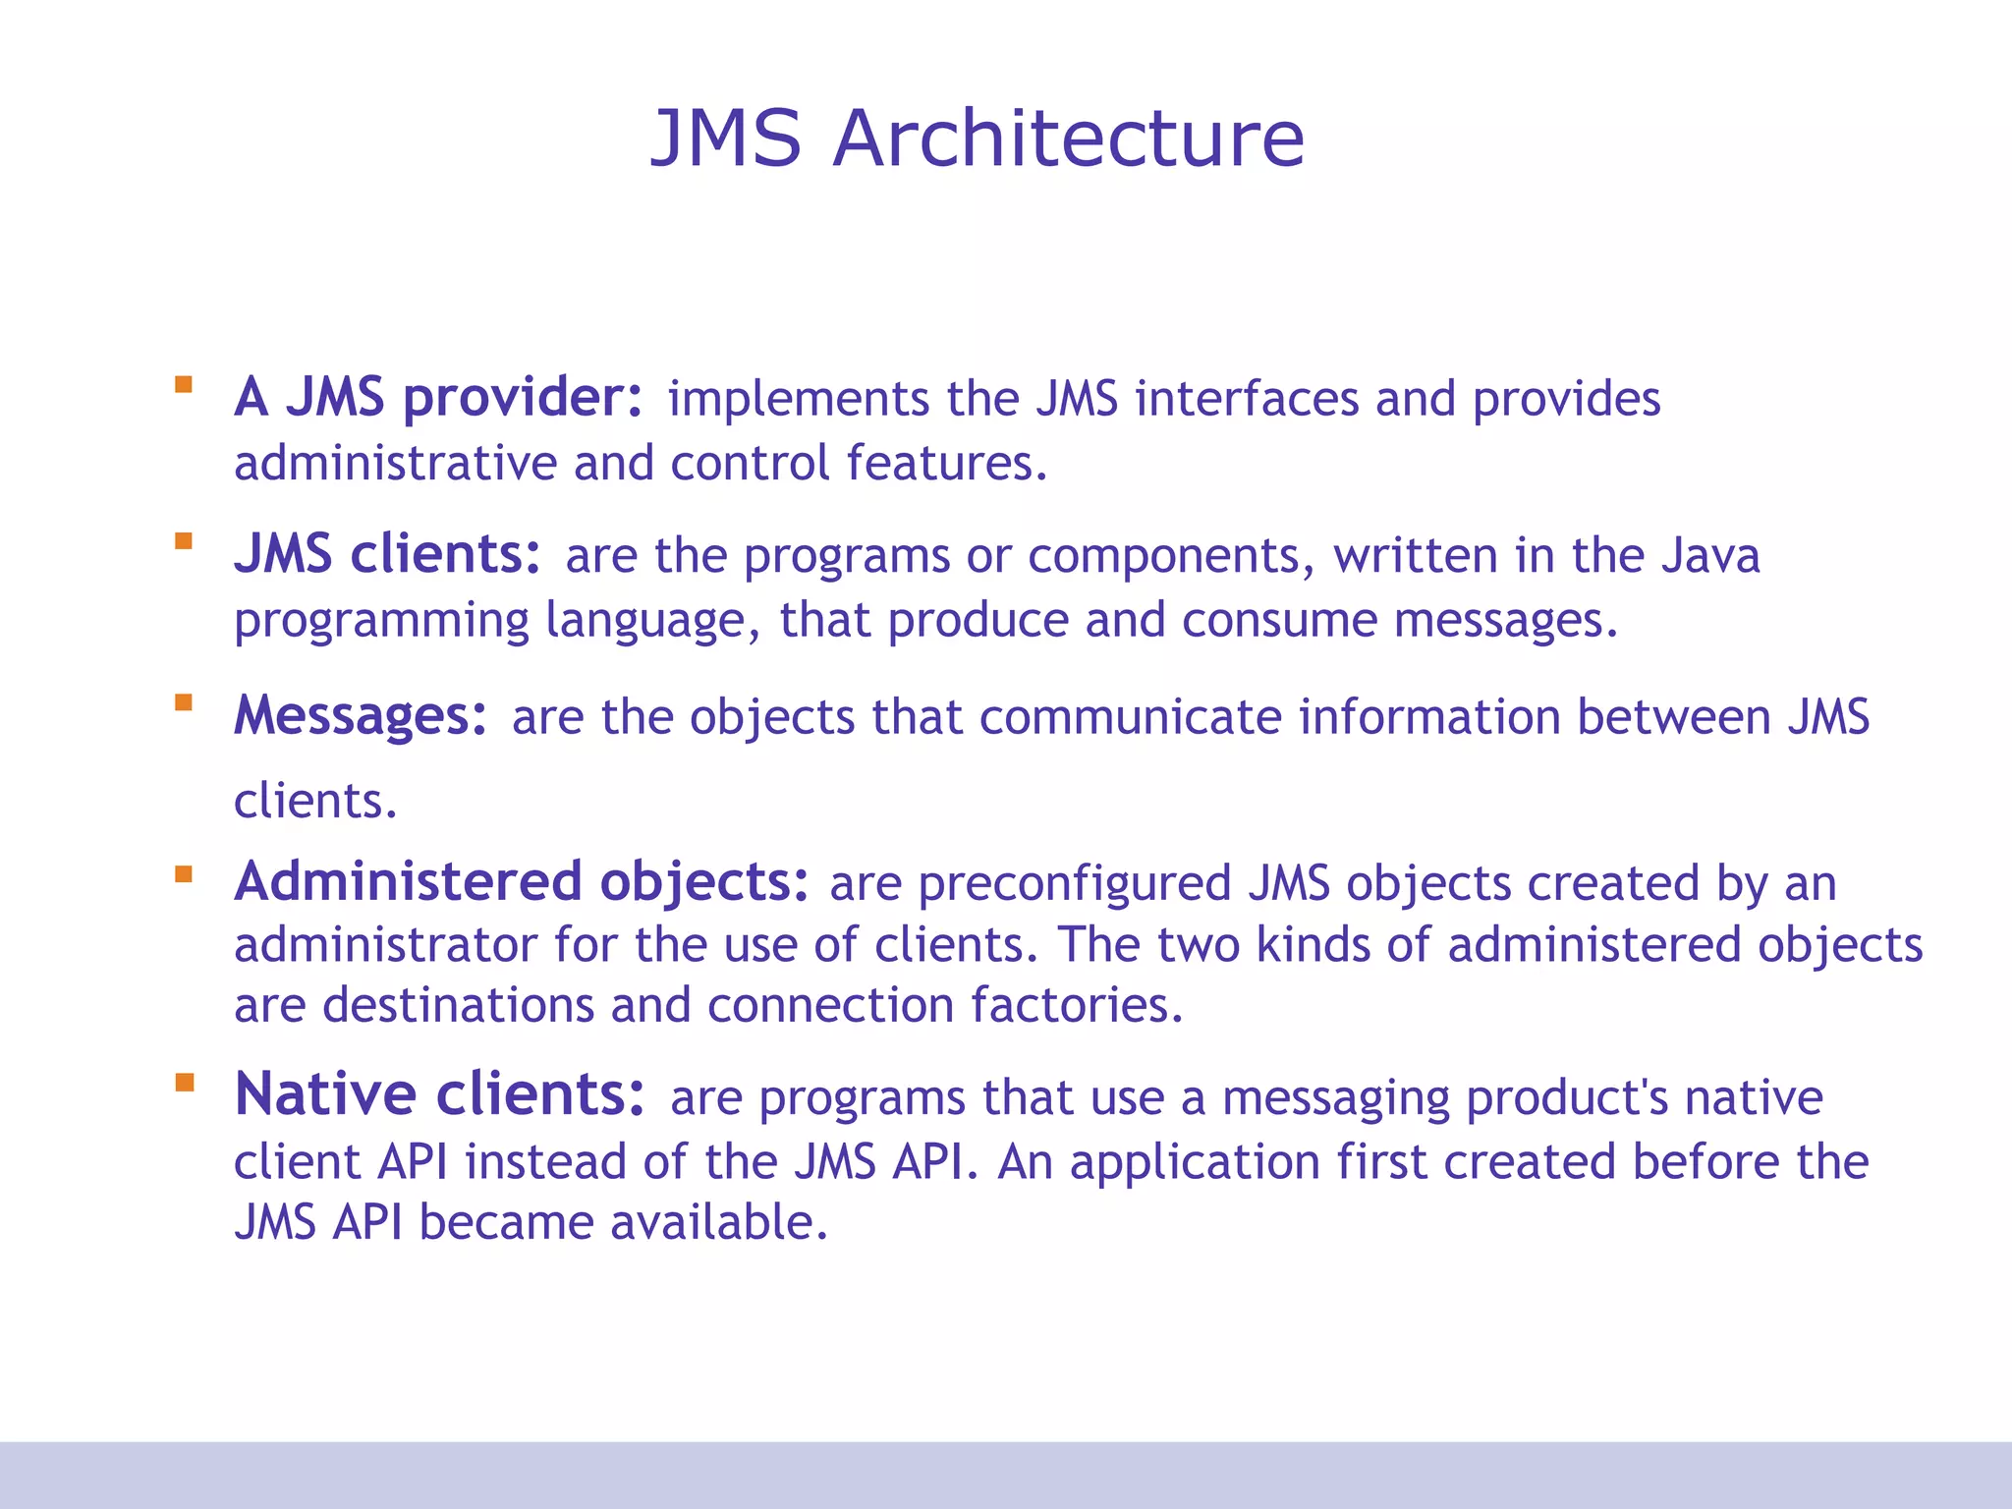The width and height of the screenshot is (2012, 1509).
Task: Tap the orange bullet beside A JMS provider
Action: (184, 384)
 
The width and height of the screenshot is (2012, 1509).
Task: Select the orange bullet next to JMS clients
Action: (184, 540)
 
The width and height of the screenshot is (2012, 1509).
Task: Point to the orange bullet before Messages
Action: (184, 702)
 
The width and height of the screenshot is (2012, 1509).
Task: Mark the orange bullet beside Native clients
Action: (184, 1083)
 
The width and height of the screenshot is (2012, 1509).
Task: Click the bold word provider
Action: (523, 398)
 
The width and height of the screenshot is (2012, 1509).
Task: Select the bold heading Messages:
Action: (361, 715)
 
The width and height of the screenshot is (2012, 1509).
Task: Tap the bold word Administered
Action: (409, 881)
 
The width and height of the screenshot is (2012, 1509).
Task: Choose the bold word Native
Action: (326, 1094)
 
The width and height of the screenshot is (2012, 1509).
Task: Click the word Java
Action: (1710, 555)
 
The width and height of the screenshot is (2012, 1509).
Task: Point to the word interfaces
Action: (1247, 399)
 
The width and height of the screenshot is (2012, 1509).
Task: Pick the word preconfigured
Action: (1074, 883)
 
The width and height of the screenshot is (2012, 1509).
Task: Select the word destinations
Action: (458, 1005)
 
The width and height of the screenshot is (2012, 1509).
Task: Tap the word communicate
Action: (1130, 716)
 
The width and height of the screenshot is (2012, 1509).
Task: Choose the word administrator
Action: (385, 945)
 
